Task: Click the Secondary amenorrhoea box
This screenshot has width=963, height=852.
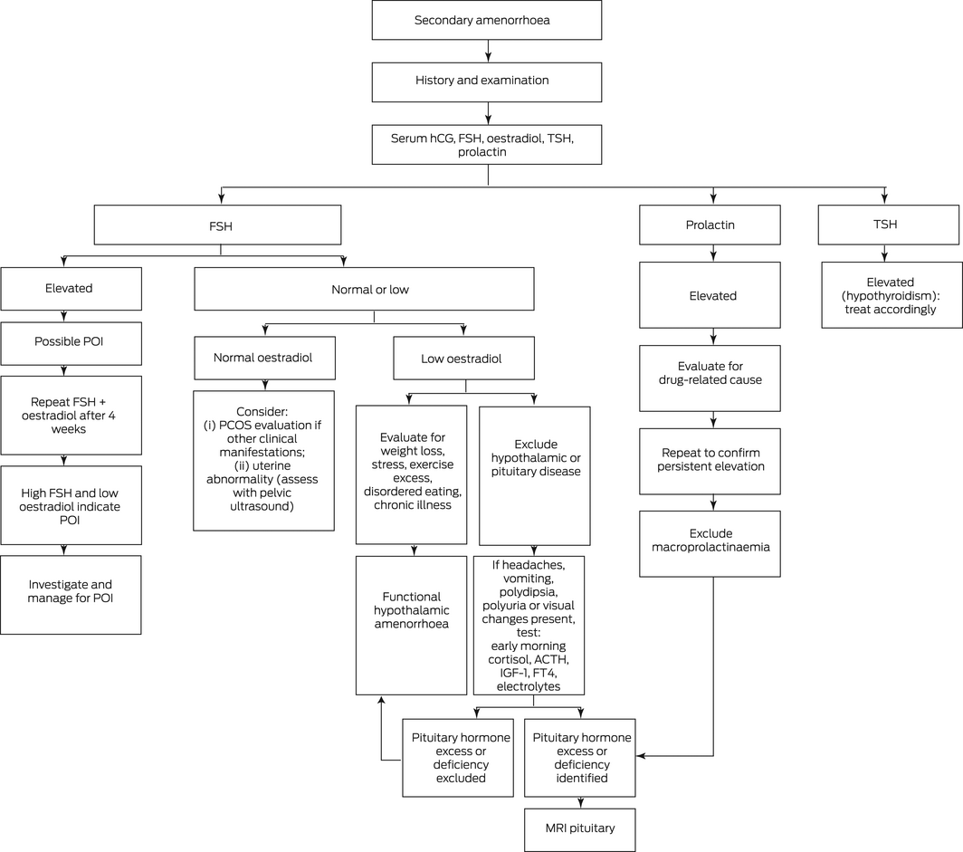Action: tap(486, 20)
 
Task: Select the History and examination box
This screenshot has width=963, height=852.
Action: tap(486, 82)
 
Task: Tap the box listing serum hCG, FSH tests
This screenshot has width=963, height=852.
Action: tap(486, 145)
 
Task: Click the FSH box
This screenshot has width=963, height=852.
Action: tap(217, 225)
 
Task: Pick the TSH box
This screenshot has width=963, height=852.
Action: tap(888, 225)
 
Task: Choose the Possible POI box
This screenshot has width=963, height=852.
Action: tap(72, 343)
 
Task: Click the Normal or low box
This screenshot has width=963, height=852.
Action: tap(364, 289)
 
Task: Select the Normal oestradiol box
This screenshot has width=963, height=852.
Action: tap(264, 358)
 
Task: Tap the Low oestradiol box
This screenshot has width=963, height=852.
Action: tap(463, 358)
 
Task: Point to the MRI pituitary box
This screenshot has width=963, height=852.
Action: tap(580, 830)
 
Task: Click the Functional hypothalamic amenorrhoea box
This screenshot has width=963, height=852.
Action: tap(412, 626)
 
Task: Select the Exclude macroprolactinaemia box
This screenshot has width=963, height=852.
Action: tap(710, 543)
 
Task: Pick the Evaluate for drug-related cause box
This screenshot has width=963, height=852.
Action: tap(710, 378)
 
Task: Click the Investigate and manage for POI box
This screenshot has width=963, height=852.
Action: tap(71, 595)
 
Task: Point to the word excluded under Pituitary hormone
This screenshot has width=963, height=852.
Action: tap(461, 779)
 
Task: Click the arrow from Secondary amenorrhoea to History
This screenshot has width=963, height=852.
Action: tap(488, 51)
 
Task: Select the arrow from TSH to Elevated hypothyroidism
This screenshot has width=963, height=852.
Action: tap(884, 254)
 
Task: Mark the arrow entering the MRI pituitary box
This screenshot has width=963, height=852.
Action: tap(580, 803)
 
